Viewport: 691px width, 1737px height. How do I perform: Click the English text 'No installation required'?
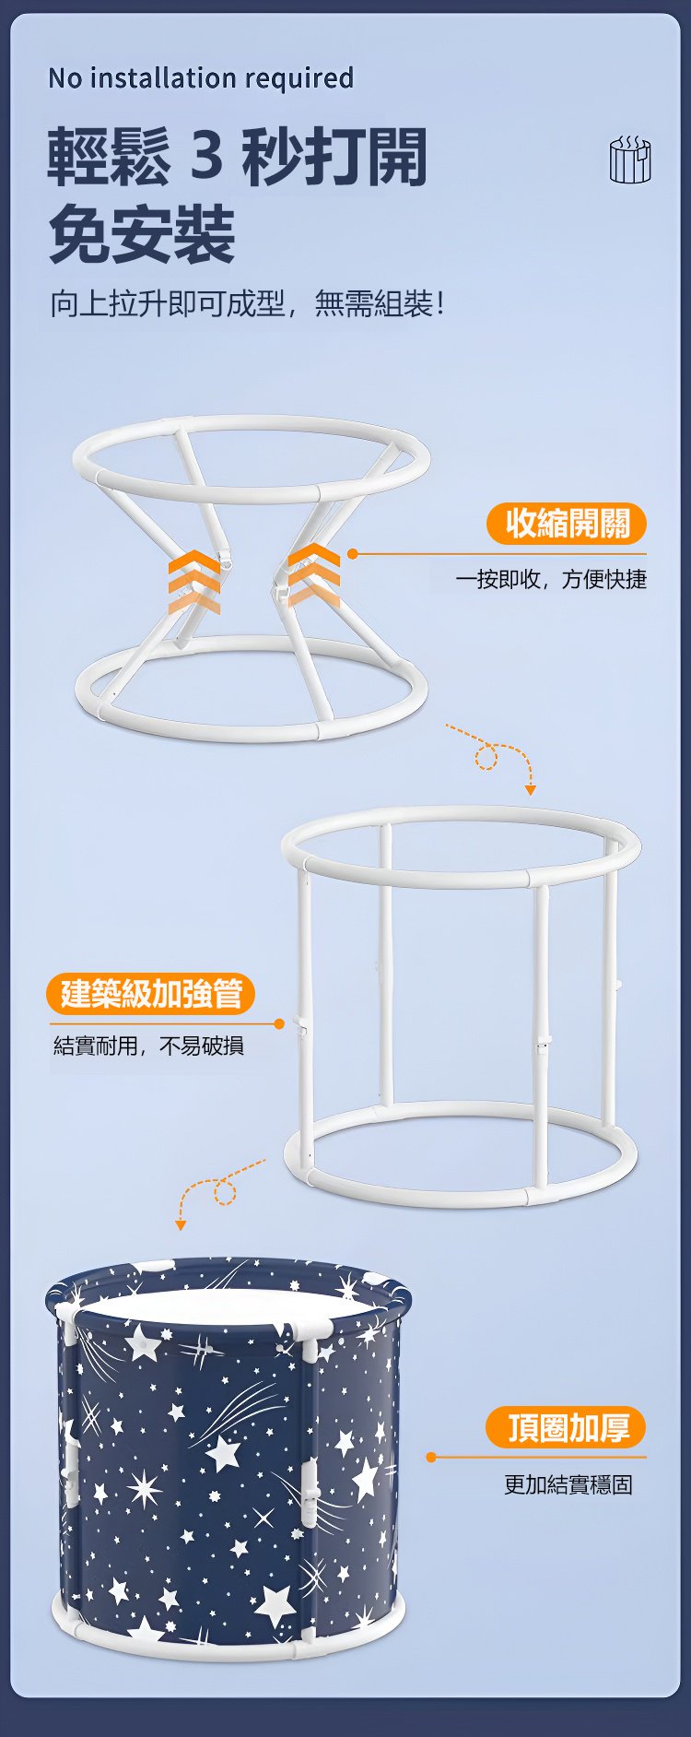tap(201, 78)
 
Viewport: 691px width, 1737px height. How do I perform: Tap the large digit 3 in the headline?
tap(207, 155)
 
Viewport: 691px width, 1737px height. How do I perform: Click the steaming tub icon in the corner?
tap(630, 160)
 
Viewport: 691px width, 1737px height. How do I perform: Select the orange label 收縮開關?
tap(567, 524)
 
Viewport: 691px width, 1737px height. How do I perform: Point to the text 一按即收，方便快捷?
tap(551, 579)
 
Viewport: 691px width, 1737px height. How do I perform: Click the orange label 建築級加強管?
tap(150, 994)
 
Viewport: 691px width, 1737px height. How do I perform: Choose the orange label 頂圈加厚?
tap(566, 1427)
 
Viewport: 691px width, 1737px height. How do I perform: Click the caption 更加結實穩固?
tap(568, 1484)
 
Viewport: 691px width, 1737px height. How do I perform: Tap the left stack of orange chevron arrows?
tap(194, 582)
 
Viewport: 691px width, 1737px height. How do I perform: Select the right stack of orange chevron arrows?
tap(313, 574)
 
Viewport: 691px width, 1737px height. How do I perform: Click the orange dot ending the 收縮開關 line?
tap(352, 554)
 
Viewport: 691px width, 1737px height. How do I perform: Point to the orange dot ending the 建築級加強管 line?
tap(279, 1024)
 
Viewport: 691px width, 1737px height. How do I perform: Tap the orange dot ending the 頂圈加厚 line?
tap(430, 1457)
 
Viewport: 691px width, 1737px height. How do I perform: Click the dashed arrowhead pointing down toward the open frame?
tap(530, 789)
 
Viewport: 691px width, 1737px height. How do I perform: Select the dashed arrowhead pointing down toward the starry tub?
tap(181, 1224)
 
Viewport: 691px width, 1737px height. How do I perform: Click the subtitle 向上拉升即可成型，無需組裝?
tap(248, 302)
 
